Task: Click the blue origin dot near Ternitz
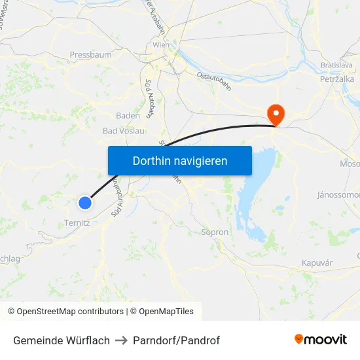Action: pos(84,203)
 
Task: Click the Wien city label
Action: pos(160,45)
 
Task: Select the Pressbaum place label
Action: pos(90,55)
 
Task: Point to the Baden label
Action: pos(127,115)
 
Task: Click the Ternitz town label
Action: pos(77,223)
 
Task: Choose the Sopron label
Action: pos(215,232)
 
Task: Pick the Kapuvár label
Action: pos(317,262)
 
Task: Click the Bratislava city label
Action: pos(336,65)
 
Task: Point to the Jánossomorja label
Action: pos(338,195)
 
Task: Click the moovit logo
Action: pos(321,339)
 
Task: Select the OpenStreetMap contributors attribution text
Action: pos(65,312)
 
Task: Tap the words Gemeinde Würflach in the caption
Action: pos(62,340)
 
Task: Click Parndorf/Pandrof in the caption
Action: pos(176,340)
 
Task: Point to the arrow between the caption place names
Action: pos(121,340)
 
